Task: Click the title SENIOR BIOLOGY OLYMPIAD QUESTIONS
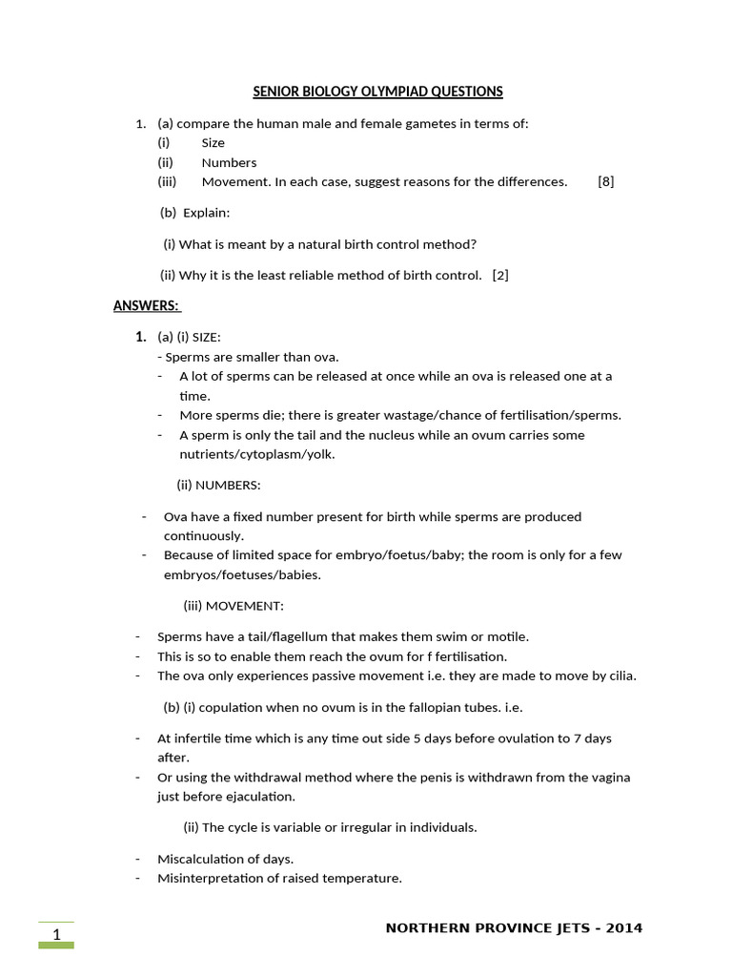click(377, 92)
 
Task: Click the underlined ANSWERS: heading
click(146, 305)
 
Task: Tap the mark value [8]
click(606, 181)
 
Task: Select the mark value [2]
click(500, 276)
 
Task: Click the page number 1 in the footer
click(56, 934)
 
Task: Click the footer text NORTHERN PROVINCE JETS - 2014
click(514, 928)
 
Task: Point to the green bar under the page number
click(56, 946)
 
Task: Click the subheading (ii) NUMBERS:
click(218, 485)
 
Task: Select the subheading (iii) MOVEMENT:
click(234, 606)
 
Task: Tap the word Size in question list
click(213, 142)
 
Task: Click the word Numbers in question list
click(229, 162)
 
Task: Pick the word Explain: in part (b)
click(207, 212)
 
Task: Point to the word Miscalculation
click(196, 859)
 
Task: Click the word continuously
click(203, 535)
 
